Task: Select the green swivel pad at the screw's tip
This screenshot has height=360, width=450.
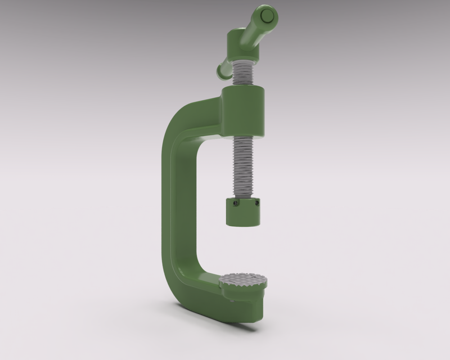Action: [243, 213]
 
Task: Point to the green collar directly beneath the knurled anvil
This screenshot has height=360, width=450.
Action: [244, 291]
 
